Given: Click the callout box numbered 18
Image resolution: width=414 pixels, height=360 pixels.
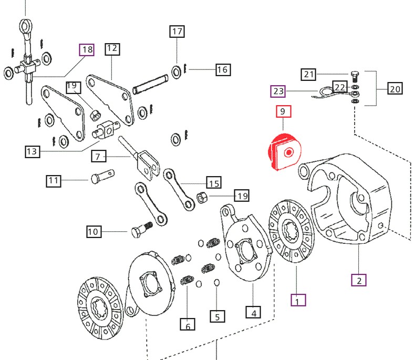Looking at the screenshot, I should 87,50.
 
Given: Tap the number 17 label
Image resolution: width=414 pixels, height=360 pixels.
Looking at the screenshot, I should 177,32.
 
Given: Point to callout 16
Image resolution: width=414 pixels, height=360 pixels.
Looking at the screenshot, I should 222,69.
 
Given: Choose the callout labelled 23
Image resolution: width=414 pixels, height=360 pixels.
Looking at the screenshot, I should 278,92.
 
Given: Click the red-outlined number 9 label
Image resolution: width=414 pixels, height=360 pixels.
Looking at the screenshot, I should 283,111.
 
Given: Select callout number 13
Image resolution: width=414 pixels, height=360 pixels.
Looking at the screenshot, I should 32,152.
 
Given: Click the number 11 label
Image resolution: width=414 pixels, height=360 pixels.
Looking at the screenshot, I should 53,181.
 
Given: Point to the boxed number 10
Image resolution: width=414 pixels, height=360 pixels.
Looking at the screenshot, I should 93,231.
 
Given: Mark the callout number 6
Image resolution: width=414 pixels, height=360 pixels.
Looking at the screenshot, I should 188,325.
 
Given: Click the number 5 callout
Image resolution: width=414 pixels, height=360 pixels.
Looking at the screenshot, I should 217,316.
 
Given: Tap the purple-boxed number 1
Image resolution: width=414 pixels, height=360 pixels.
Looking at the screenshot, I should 298,301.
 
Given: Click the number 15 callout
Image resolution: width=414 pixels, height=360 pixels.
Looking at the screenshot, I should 214,183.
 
